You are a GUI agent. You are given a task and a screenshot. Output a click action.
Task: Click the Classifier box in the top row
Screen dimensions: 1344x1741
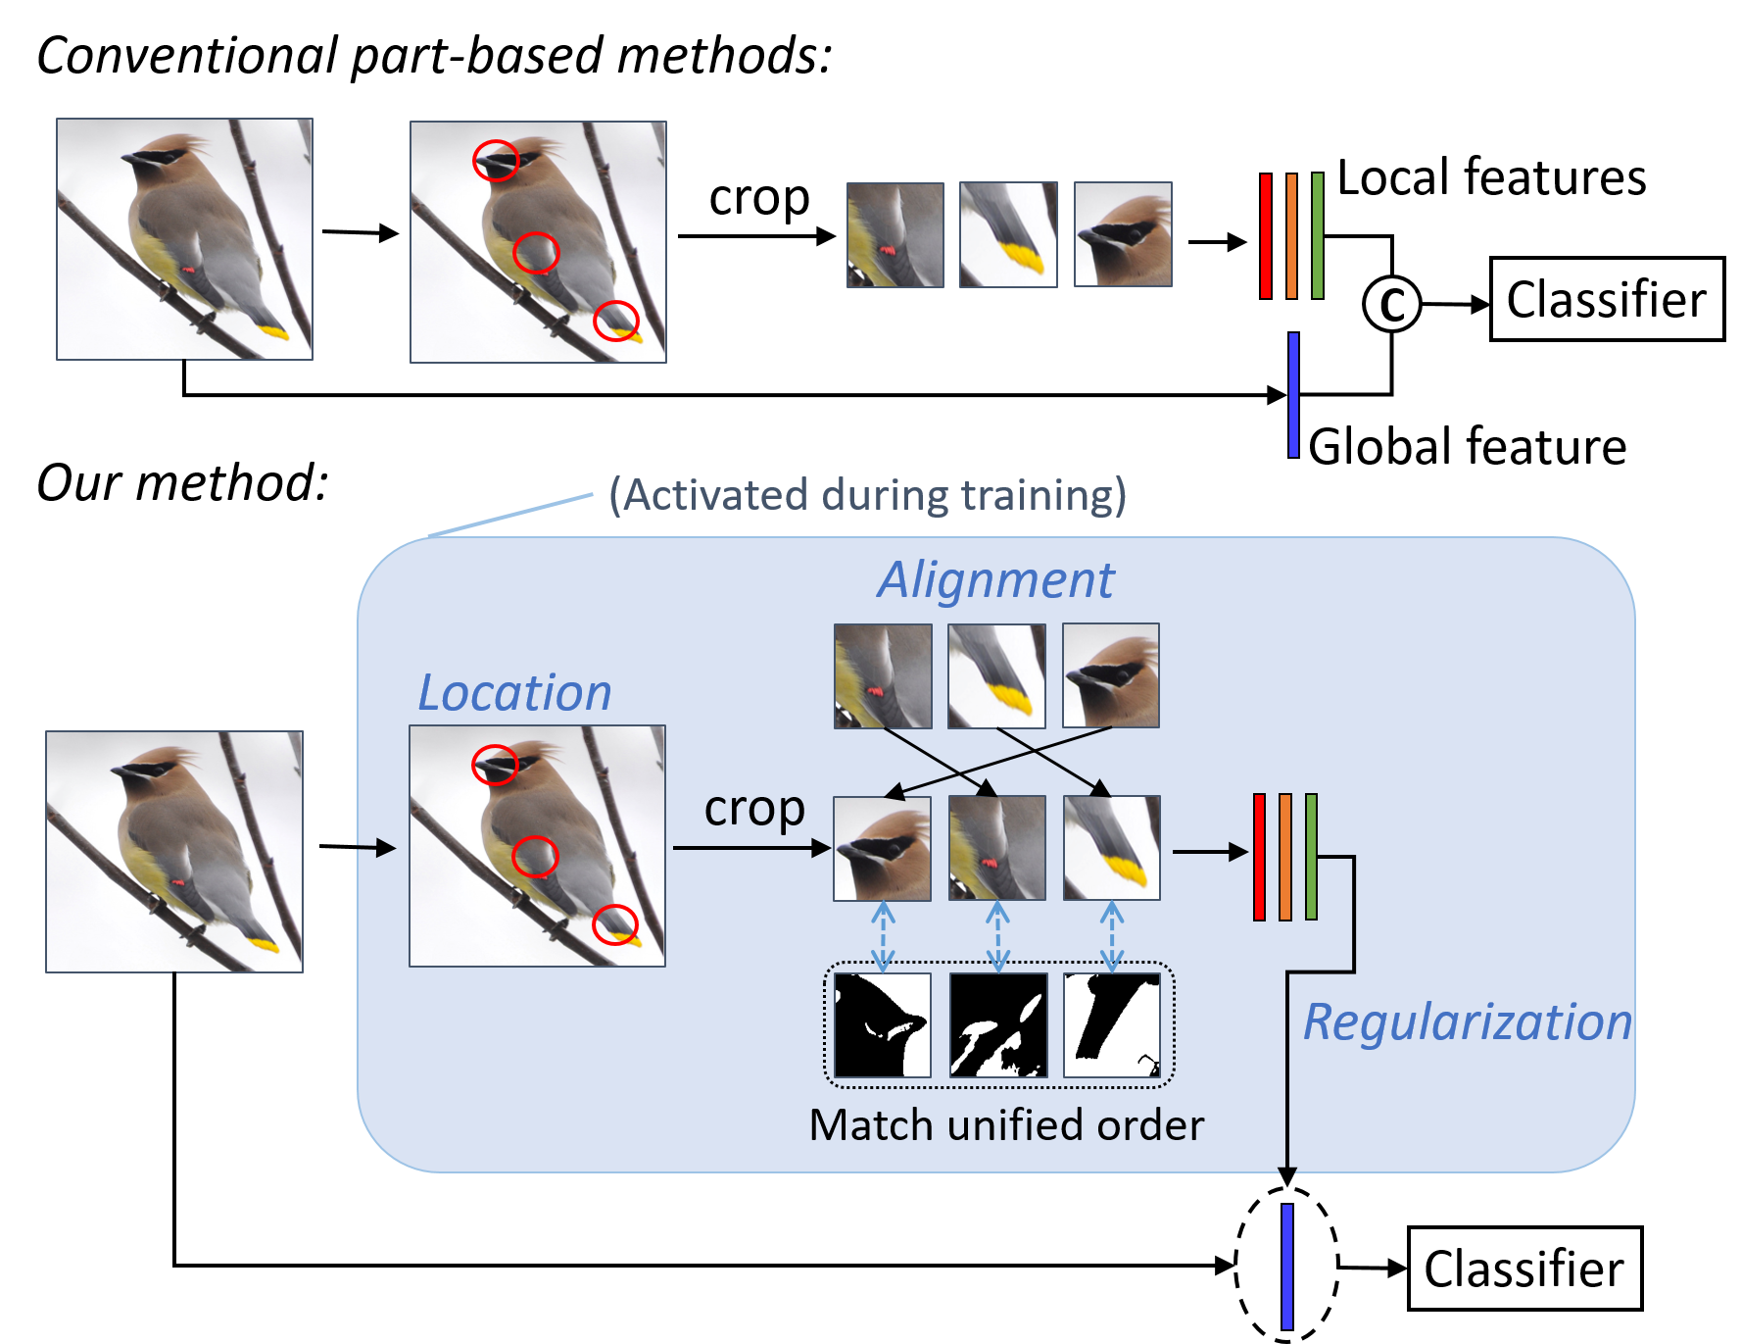[x=1606, y=299]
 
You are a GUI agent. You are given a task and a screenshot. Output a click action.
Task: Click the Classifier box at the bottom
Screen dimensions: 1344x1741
[x=1523, y=1269]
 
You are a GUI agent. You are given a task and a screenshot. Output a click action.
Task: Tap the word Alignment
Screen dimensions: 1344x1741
[x=995, y=579]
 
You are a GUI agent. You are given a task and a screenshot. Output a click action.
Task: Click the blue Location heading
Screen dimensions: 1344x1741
[x=514, y=693]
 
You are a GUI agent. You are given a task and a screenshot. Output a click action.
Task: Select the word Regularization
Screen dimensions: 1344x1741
[x=1467, y=1022]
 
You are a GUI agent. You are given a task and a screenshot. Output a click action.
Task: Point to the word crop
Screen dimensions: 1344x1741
[x=753, y=810]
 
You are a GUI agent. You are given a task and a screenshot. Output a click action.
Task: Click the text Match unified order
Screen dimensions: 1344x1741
[x=1006, y=1125]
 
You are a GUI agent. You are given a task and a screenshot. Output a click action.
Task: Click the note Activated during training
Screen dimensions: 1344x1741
[x=867, y=495]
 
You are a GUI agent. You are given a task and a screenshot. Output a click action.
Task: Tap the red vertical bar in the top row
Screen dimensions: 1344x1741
[x=1266, y=235]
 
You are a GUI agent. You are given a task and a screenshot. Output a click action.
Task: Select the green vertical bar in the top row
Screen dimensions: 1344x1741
[x=1318, y=235]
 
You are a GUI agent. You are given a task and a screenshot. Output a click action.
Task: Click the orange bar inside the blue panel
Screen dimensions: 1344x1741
[x=1285, y=857]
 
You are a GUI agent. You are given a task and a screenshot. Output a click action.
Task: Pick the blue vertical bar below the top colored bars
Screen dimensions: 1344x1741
[x=1293, y=394]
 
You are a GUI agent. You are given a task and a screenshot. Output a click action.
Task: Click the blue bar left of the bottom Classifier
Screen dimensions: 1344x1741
[x=1286, y=1267]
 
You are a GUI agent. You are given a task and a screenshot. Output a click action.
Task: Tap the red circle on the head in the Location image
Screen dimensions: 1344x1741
[x=495, y=765]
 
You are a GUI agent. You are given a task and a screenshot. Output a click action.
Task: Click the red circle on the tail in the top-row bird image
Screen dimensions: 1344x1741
[x=616, y=321]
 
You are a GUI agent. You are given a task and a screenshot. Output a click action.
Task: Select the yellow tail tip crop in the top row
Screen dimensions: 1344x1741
[x=1008, y=234]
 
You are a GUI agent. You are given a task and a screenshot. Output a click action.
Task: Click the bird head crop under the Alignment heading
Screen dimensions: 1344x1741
[x=1110, y=675]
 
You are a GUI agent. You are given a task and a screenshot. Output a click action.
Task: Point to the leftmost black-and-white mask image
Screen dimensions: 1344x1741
[x=882, y=1025]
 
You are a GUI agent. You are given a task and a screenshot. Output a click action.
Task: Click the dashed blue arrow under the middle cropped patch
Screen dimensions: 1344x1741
[x=997, y=936]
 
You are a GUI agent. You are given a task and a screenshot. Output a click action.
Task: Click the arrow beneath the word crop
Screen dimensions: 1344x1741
[x=751, y=848]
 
